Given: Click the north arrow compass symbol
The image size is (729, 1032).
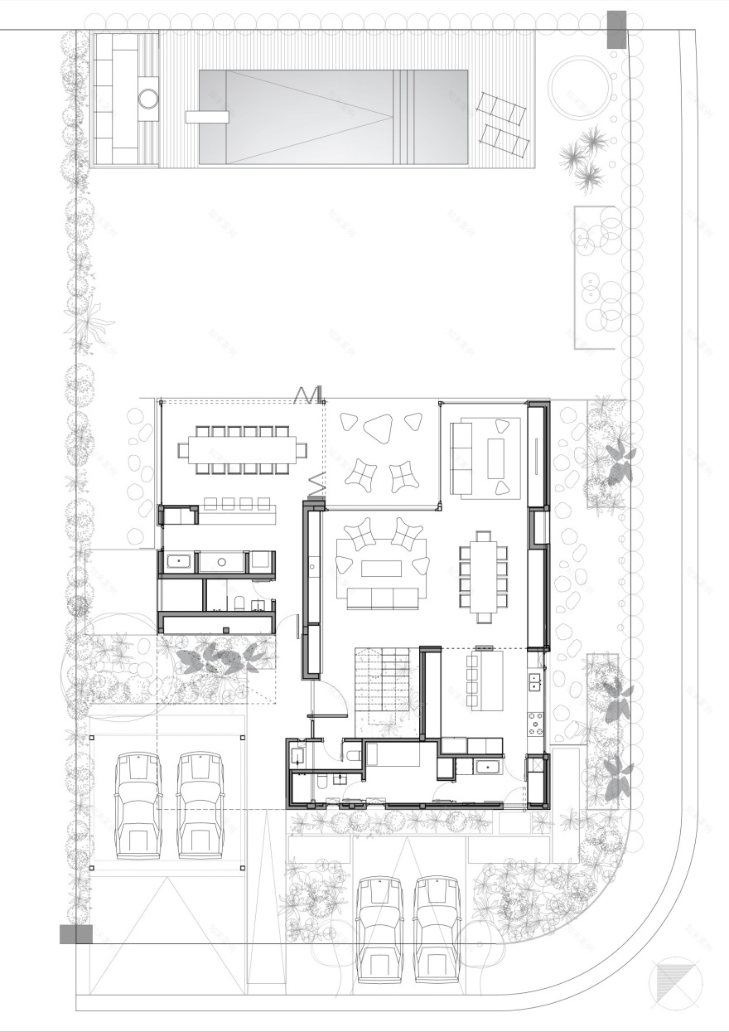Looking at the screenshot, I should [x=672, y=984].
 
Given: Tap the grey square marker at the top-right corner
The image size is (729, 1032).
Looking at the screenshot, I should [x=617, y=29].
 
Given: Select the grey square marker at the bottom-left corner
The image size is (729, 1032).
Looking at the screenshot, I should [x=75, y=934].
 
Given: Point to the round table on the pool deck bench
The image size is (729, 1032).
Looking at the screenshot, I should [x=147, y=99].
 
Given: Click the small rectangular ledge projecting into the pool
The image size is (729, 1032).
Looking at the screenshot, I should [x=206, y=117].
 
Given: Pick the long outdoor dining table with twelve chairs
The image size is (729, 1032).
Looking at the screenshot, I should [x=242, y=450].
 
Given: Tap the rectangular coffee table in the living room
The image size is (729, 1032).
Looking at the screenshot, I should [x=380, y=568].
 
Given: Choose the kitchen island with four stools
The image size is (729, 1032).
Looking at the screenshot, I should [x=488, y=680].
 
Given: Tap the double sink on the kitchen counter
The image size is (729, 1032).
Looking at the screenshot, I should [x=535, y=683].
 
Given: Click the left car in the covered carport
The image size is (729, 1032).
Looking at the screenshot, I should [x=138, y=804].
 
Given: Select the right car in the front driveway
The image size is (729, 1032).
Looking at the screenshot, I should [x=437, y=928].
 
